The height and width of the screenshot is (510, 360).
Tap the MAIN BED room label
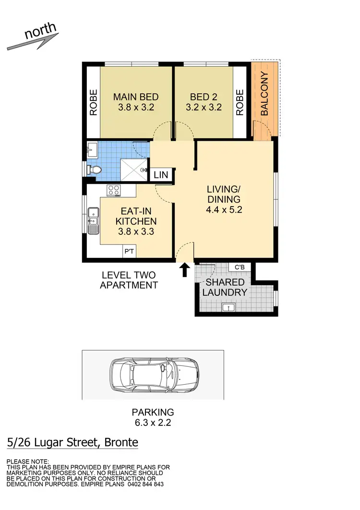tap(135, 97)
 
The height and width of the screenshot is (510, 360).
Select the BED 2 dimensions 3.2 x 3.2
tap(204, 108)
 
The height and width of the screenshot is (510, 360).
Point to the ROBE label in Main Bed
tap(93, 102)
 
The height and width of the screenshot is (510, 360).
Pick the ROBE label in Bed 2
tap(240, 102)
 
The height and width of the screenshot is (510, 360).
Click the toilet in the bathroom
tap(95, 170)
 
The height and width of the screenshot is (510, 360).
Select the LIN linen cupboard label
tap(161, 175)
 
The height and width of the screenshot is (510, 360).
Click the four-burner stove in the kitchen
tap(113, 190)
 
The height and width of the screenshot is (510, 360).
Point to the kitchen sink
tap(93, 217)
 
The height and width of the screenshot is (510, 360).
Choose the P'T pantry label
tap(129, 251)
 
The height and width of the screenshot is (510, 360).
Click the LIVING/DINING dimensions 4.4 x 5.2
tap(224, 210)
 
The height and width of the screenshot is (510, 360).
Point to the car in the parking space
tap(154, 375)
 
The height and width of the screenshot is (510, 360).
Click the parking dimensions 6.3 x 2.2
tap(153, 423)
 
